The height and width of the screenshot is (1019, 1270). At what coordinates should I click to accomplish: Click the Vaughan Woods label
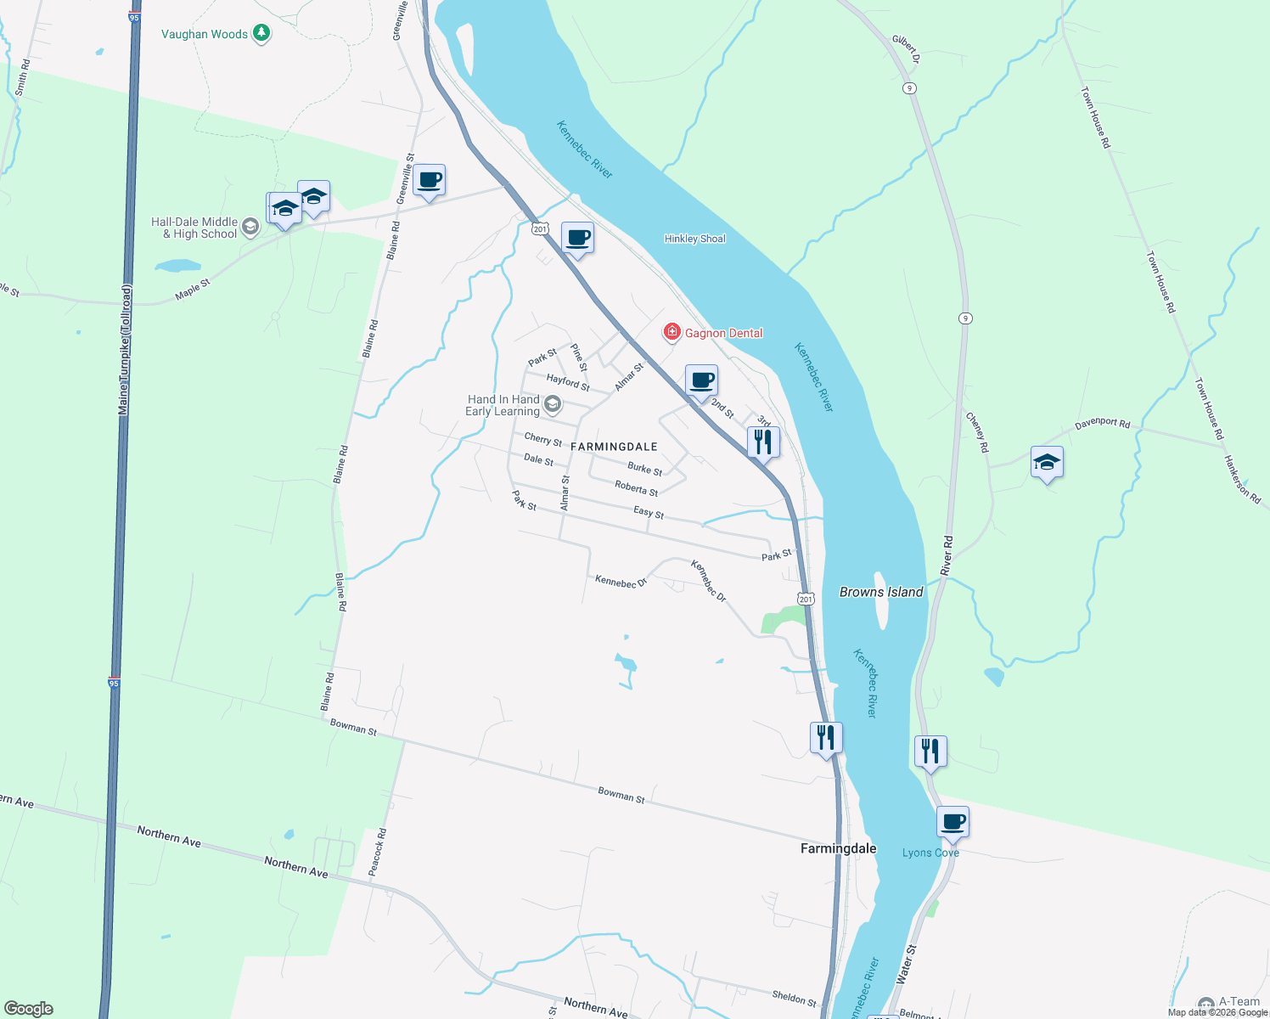click(x=205, y=34)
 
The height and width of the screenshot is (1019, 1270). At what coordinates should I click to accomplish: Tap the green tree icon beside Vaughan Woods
click(x=262, y=33)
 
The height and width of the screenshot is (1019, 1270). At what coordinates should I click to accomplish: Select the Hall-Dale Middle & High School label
click(x=194, y=228)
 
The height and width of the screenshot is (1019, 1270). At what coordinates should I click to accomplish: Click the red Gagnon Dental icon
click(x=672, y=332)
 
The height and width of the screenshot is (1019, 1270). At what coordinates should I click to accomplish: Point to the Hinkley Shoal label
click(x=694, y=239)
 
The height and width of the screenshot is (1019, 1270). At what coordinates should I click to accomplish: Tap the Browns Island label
click(x=881, y=592)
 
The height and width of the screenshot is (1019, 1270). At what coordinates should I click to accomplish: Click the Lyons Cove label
click(x=930, y=853)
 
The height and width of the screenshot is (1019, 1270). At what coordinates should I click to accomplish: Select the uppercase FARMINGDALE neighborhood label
click(x=614, y=447)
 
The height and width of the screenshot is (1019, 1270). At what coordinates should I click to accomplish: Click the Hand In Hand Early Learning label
click(x=503, y=405)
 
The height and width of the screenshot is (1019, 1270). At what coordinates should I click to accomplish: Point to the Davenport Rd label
click(x=1102, y=424)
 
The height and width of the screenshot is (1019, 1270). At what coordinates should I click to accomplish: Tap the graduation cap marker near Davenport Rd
click(x=1047, y=463)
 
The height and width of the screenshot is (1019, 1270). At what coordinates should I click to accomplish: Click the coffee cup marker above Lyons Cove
click(x=952, y=822)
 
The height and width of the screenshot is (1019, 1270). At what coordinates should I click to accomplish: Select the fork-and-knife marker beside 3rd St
click(x=763, y=442)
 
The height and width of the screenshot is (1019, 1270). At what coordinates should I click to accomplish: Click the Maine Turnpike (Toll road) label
click(x=125, y=350)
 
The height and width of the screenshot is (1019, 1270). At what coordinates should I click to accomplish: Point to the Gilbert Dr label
click(x=905, y=49)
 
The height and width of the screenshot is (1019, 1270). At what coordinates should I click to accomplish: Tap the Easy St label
click(x=649, y=513)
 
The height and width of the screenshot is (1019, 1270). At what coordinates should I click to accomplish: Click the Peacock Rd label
click(x=378, y=852)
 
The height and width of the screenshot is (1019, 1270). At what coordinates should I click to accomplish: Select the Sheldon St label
click(x=794, y=997)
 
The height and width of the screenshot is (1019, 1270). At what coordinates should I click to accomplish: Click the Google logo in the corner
click(x=29, y=1009)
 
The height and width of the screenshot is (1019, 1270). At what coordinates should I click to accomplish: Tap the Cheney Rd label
click(x=977, y=431)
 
